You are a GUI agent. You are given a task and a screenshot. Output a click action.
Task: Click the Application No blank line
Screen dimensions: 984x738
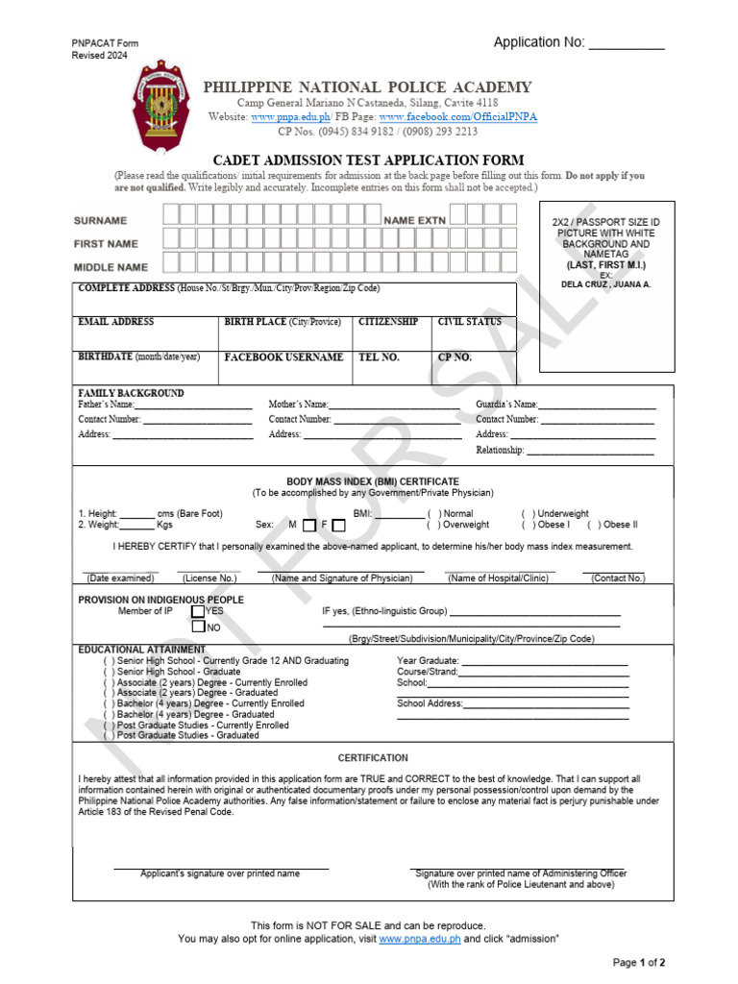(626, 44)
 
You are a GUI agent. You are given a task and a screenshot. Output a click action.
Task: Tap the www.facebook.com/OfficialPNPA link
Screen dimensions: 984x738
(457, 116)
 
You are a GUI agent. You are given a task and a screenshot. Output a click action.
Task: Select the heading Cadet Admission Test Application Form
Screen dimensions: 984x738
(368, 160)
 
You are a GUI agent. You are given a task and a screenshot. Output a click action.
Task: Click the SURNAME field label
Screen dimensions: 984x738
(101, 221)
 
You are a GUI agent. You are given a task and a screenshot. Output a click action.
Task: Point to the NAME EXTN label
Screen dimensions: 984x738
(415, 221)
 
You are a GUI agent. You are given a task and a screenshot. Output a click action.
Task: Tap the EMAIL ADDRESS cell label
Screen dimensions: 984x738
(115, 322)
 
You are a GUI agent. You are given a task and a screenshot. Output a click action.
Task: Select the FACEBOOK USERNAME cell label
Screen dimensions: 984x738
(283, 357)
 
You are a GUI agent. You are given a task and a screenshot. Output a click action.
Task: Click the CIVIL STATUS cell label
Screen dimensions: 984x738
(470, 322)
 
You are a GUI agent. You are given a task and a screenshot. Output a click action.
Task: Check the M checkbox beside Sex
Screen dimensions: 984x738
(308, 526)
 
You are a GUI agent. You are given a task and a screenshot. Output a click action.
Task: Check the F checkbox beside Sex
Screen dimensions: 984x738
(338, 526)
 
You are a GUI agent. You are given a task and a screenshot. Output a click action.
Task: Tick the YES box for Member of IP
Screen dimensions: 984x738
(197, 610)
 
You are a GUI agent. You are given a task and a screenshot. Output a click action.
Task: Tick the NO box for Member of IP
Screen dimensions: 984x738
(197, 627)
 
